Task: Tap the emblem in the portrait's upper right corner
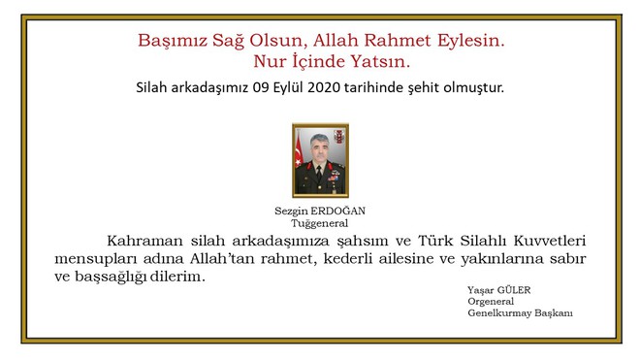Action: point(338,134)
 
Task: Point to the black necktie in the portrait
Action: point(319,173)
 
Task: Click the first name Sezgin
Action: point(293,211)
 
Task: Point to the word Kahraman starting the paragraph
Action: point(145,240)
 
